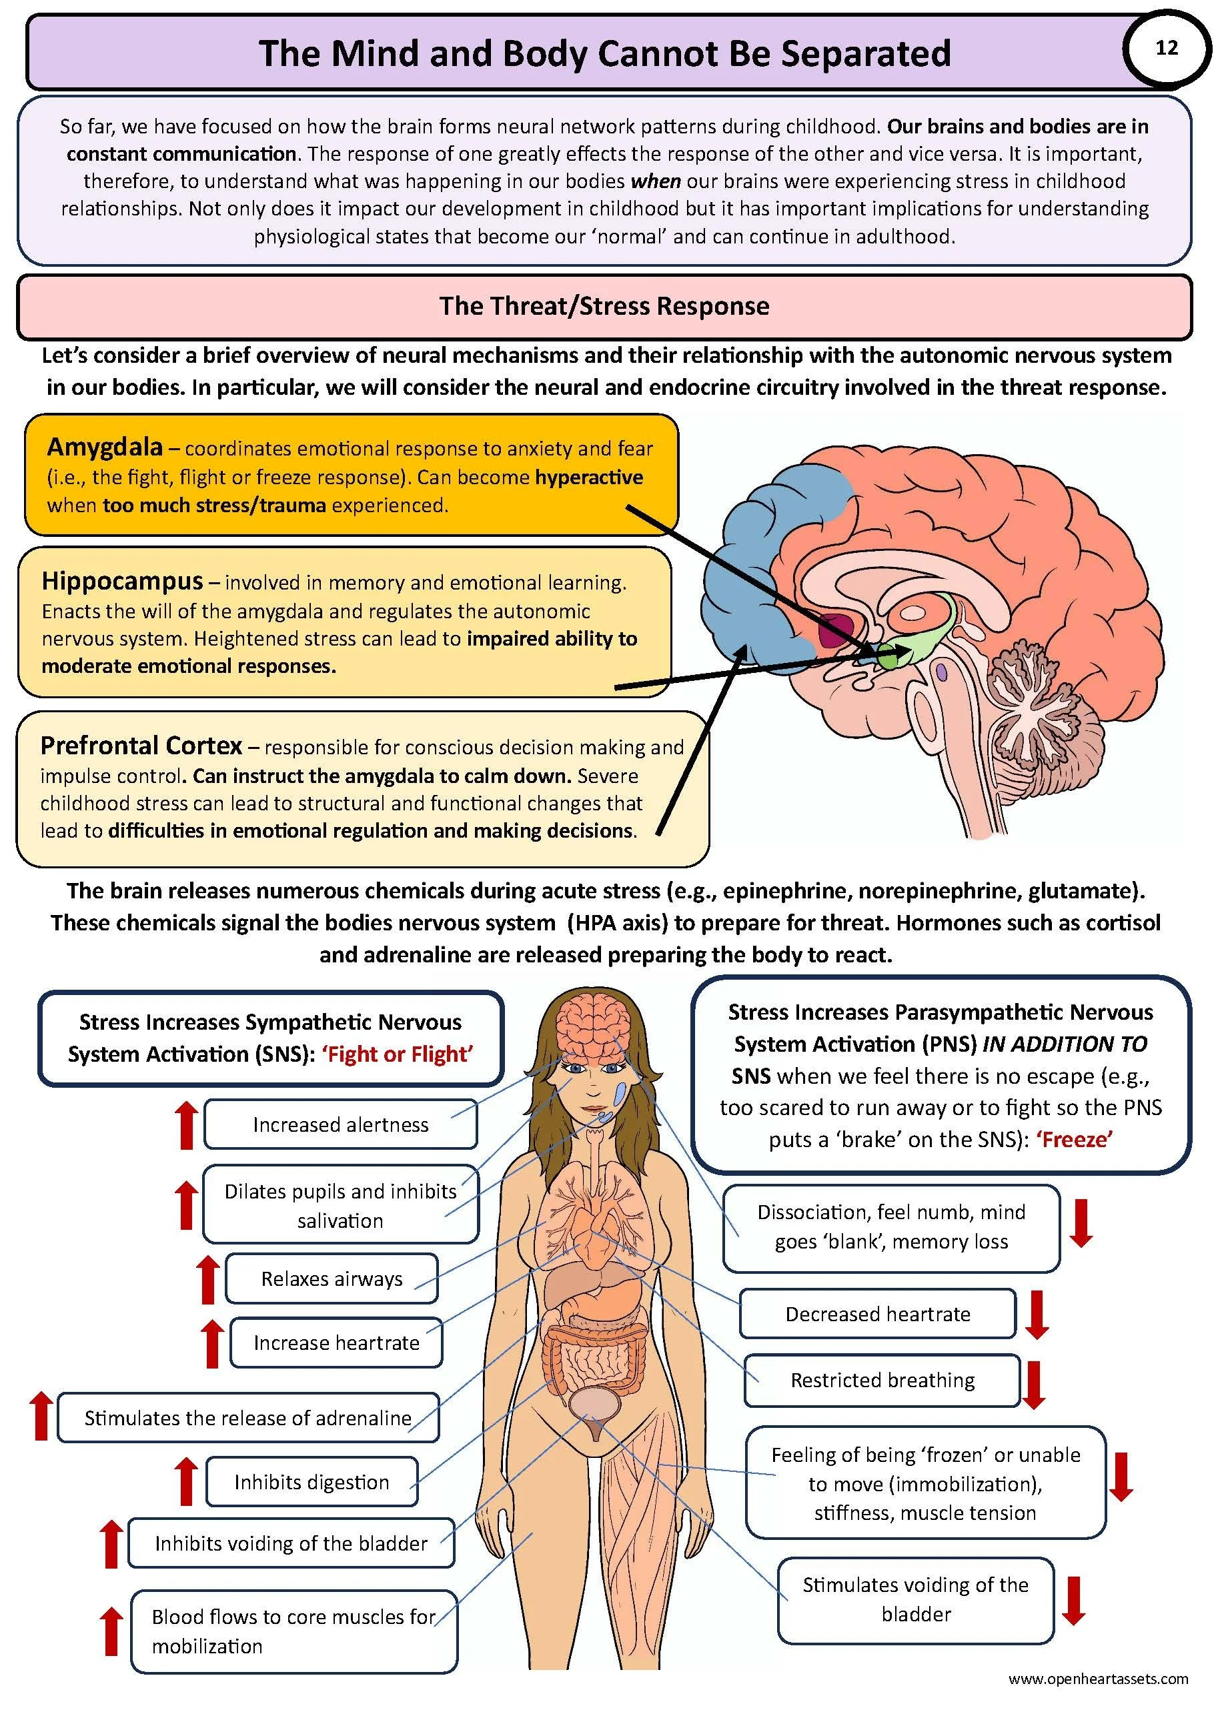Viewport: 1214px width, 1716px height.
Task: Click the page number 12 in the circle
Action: click(1166, 49)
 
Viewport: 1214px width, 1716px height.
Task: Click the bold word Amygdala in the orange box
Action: click(105, 447)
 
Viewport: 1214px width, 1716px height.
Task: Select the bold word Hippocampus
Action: click(122, 581)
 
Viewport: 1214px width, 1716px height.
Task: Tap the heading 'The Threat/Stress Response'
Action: click(604, 306)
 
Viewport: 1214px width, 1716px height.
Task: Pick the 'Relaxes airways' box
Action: click(332, 1278)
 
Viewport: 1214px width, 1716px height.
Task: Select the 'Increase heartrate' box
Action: click(336, 1343)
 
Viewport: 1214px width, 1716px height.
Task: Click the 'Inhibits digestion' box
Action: click(312, 1482)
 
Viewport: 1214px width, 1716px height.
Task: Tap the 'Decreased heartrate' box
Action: click(878, 1314)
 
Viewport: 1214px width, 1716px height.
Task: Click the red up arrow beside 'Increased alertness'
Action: click(187, 1125)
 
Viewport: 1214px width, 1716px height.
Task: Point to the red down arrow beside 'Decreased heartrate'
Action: click(1037, 1316)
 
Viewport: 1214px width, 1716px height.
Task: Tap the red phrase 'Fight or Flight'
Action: click(397, 1054)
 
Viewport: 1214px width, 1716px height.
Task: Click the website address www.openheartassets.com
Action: click(1098, 1679)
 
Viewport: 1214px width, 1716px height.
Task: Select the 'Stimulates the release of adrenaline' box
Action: click(247, 1418)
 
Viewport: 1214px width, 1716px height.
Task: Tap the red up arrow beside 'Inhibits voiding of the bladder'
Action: click(111, 1543)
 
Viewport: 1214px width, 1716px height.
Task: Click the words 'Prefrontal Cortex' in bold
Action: click(141, 745)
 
